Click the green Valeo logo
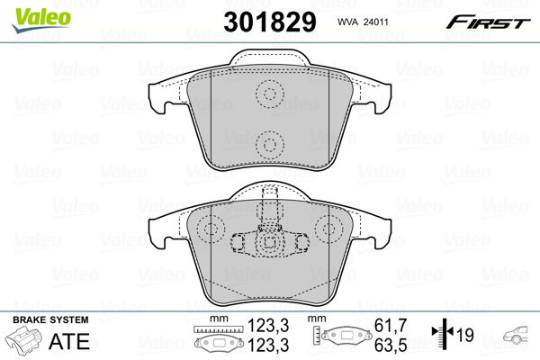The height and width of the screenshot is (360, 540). [x=40, y=20]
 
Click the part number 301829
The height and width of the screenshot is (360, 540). [x=270, y=22]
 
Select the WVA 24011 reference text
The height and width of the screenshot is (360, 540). [x=363, y=22]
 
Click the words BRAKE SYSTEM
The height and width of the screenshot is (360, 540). [x=50, y=319]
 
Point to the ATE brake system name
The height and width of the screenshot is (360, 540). [x=69, y=341]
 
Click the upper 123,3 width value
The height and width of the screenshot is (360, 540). [x=268, y=325]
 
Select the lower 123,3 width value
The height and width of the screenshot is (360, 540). [x=268, y=345]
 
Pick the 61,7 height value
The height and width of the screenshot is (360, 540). [x=391, y=325]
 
